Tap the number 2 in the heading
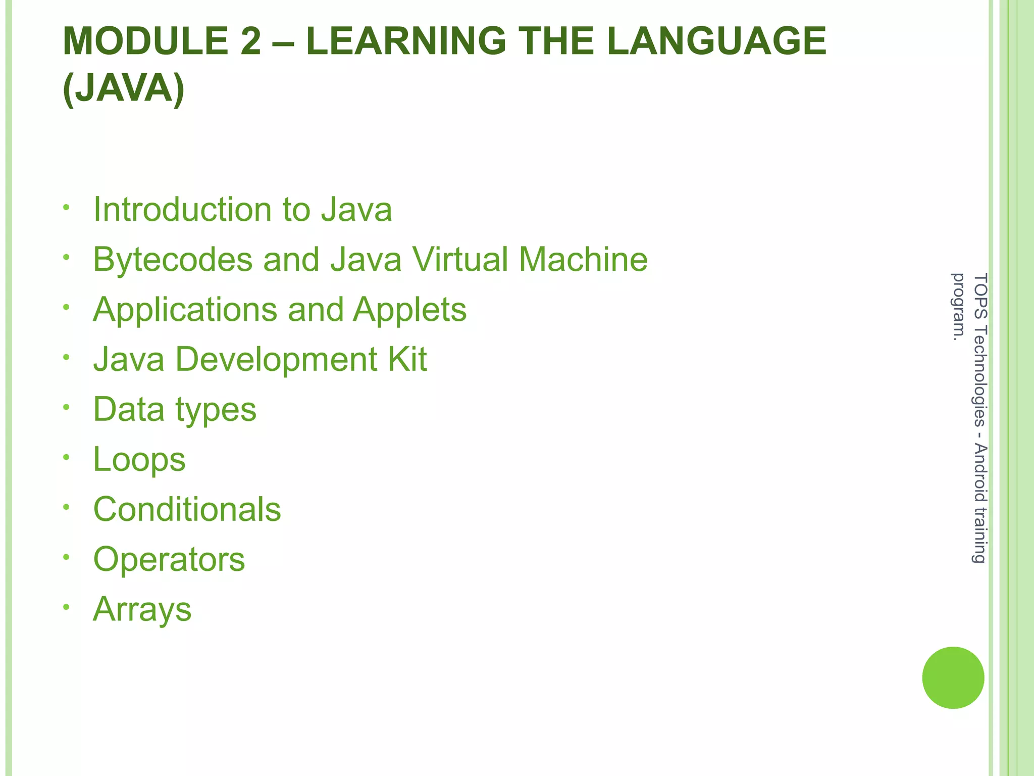click(251, 41)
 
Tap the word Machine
click(583, 259)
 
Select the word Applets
click(409, 310)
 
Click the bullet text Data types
click(175, 410)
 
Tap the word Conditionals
click(187, 509)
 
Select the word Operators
click(169, 560)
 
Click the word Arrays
click(142, 610)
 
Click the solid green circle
click(953, 677)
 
